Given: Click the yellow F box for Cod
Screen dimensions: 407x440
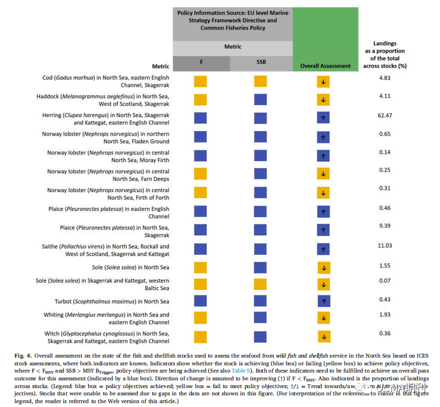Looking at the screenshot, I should pos(200,82).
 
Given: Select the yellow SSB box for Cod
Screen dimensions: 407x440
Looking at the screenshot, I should pos(261,82).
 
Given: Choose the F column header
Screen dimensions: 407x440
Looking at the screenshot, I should pos(201,63).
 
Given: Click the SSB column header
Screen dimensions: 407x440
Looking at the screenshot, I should pos(261,63).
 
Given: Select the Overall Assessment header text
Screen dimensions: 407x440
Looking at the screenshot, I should pos(326,66).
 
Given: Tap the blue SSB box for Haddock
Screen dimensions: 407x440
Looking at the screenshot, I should pos(261,100).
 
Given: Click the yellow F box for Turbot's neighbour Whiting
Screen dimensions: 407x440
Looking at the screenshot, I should pos(200,318).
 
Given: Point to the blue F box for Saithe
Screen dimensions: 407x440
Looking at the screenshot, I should pos(200,250).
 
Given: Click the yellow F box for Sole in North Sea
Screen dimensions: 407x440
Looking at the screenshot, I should pos(200,268).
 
